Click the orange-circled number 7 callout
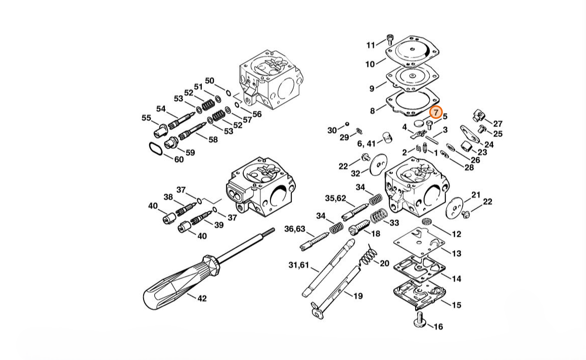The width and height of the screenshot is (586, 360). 436,112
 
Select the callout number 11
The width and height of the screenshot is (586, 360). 371,45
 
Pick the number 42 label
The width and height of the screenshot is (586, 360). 202,298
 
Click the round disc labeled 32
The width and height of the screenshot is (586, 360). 379,165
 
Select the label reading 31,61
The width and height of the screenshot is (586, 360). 299,265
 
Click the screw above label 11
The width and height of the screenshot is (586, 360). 390,38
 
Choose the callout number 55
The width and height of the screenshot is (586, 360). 146,118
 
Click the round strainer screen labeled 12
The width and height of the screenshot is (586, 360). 427,221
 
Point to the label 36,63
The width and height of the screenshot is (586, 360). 294,229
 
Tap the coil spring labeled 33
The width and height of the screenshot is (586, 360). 379,216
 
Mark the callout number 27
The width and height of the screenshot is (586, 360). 498,123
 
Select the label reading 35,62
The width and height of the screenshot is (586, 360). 335,198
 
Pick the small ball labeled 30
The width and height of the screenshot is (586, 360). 347,124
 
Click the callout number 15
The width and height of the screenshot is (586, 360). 457,305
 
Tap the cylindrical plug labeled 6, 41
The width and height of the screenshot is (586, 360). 387,138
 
